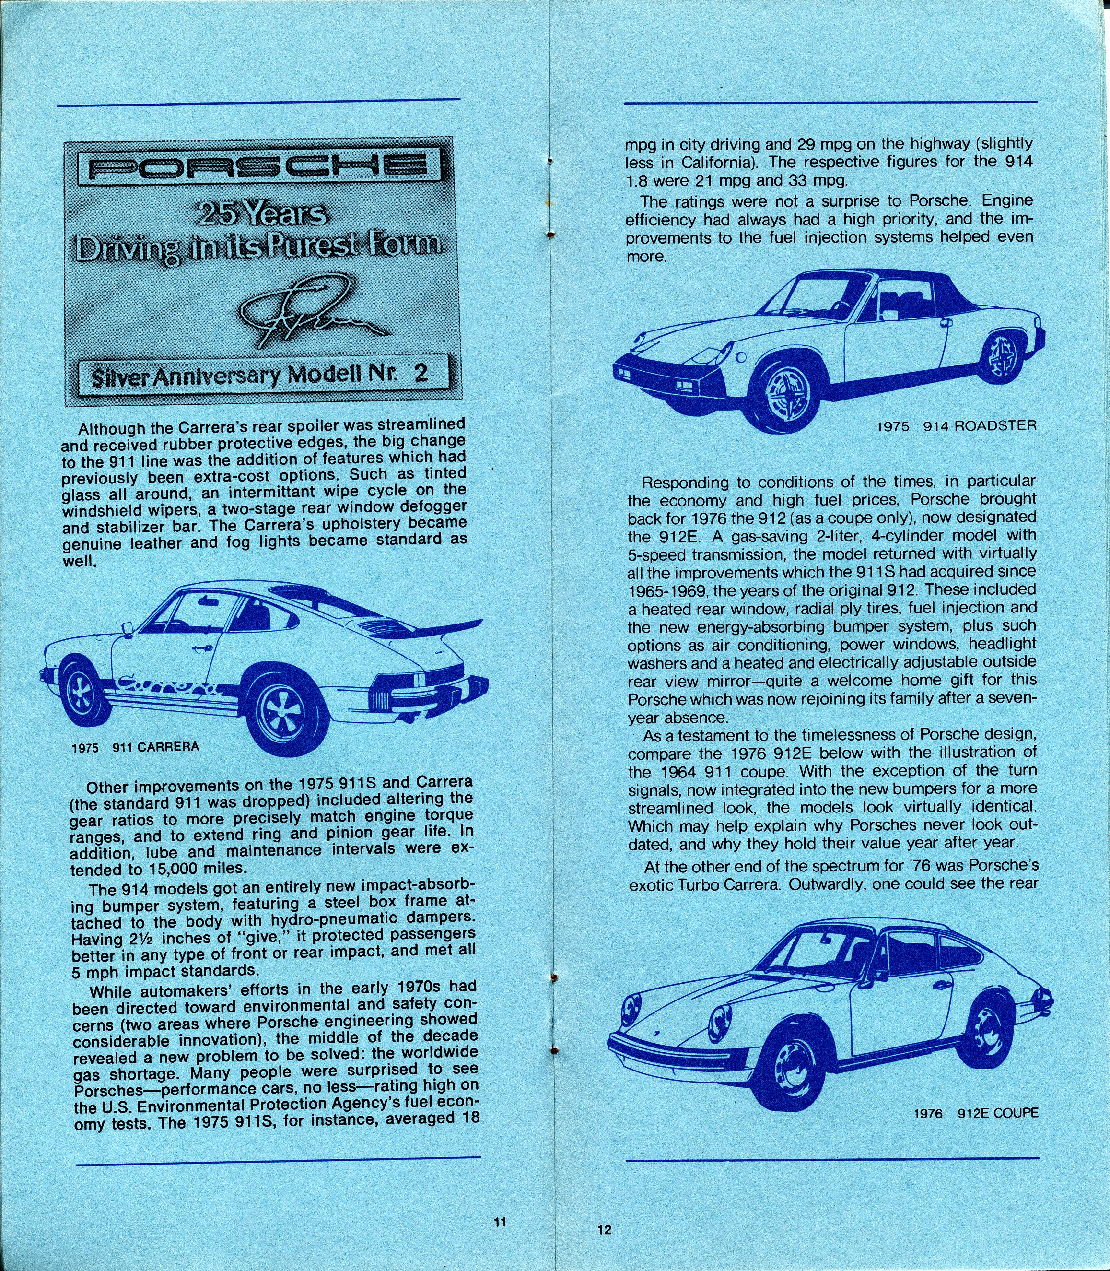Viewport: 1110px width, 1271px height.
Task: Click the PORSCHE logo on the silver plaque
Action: click(x=259, y=165)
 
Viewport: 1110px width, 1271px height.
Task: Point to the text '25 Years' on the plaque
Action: click(x=261, y=214)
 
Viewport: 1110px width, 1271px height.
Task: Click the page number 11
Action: click(x=501, y=1222)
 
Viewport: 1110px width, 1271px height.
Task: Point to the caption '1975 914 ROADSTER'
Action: click(x=956, y=426)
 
